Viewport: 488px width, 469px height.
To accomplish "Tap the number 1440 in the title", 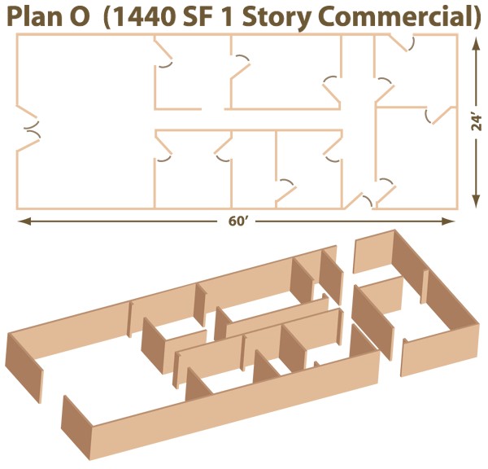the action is (x=144, y=16).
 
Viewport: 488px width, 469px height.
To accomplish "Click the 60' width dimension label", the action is (x=237, y=221).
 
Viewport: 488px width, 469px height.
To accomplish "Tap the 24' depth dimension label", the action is (x=476, y=123).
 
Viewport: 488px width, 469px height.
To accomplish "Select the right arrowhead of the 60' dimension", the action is (x=449, y=221).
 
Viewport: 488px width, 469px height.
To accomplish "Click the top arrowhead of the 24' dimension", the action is (x=475, y=44).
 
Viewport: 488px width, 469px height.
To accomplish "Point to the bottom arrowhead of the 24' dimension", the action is (x=475, y=201).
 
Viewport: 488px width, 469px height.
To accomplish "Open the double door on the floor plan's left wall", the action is (x=28, y=128).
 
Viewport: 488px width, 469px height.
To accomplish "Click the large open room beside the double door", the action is (x=85, y=121).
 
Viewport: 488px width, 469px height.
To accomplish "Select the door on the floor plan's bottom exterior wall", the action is (x=359, y=200).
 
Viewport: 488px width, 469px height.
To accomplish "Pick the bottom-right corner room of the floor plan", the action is (x=416, y=157).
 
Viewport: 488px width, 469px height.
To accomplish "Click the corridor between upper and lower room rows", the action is (x=249, y=120).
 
